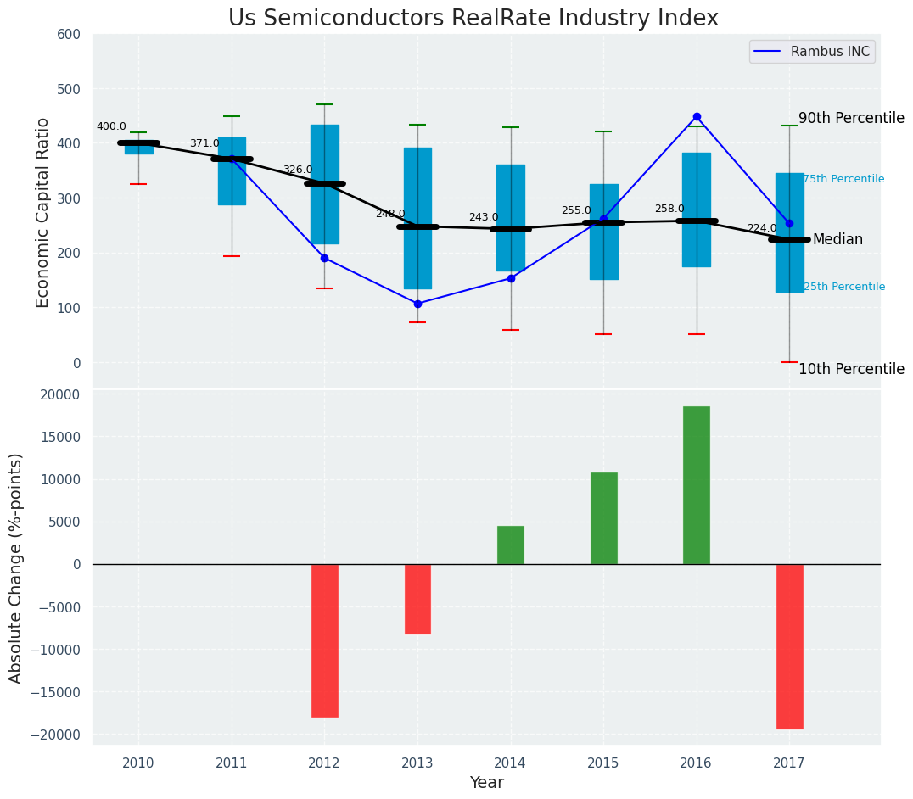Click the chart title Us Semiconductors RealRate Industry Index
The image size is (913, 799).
tap(473, 19)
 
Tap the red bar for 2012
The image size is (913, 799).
tap(324, 640)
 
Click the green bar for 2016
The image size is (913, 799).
tap(696, 485)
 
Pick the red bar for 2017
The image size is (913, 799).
tap(789, 646)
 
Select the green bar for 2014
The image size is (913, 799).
tap(510, 545)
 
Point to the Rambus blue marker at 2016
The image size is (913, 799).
tap(697, 117)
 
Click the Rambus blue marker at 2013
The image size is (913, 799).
tap(417, 304)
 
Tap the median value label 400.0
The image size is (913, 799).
tap(111, 126)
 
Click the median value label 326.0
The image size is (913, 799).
tap(297, 170)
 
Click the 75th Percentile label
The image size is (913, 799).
tap(843, 179)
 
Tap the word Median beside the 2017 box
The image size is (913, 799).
tap(837, 240)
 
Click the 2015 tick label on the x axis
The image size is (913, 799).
tap(603, 763)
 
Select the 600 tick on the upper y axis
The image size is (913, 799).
tap(69, 35)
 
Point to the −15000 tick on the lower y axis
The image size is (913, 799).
tap(53, 692)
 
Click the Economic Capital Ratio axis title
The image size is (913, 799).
tap(43, 212)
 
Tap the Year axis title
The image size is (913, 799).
tap(487, 783)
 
